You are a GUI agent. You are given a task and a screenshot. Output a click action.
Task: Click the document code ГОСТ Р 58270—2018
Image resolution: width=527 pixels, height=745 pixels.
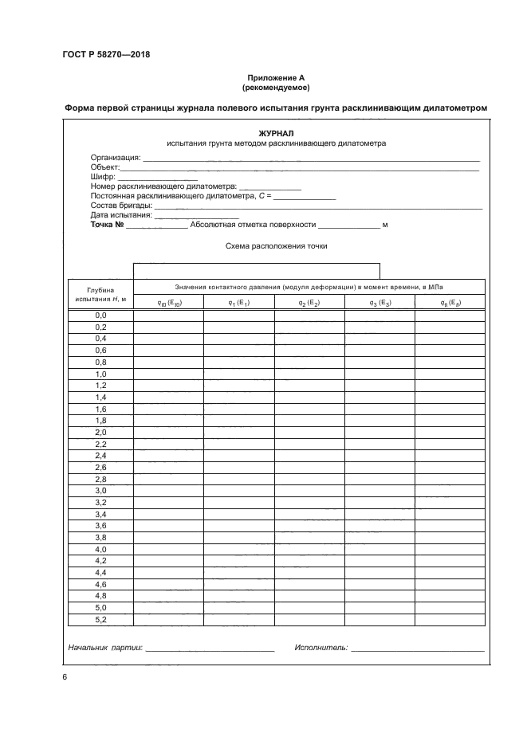105,55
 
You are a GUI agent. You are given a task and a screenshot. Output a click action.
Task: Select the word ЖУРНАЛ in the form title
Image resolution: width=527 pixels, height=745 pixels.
276,134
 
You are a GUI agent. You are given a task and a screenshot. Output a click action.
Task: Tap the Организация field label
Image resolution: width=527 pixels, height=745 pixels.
115,158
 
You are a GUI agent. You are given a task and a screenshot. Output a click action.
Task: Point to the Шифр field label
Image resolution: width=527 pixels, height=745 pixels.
104,176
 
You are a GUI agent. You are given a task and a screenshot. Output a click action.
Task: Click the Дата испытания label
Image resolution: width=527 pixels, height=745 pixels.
120,215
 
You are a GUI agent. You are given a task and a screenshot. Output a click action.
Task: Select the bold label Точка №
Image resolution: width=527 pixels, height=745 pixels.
108,225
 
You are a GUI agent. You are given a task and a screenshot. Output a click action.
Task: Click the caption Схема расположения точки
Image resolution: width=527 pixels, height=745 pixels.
276,246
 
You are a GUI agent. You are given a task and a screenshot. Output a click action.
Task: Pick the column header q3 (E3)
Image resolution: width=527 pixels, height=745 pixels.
380,303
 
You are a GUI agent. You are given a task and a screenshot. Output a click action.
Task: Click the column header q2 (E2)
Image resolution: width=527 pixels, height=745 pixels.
309,303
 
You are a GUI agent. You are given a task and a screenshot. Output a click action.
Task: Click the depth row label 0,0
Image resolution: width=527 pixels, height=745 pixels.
100,316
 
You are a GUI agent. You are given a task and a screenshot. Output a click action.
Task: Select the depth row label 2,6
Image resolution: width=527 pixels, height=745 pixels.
100,467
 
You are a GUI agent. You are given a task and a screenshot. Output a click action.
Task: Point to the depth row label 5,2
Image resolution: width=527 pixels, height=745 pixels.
100,619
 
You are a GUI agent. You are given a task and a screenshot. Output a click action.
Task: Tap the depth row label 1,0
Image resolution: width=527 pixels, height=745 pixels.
100,374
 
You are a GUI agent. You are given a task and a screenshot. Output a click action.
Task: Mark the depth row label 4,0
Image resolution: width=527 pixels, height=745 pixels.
100,549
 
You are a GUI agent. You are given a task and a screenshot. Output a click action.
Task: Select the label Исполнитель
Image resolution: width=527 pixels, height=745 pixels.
320,649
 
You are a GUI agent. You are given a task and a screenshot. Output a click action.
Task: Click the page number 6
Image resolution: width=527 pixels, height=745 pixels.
64,677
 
